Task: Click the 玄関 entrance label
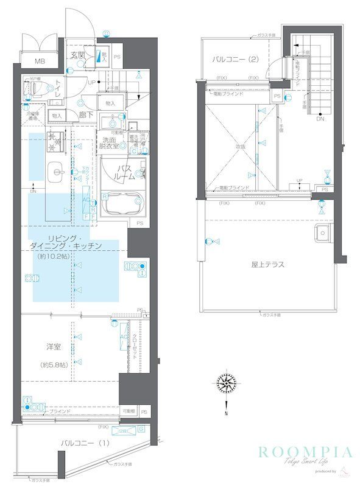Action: point(77,55)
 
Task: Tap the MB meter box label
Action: point(39,61)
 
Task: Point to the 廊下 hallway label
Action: point(85,114)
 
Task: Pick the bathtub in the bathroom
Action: point(122,204)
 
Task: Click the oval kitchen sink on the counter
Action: point(59,172)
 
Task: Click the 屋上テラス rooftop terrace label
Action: point(268,264)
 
